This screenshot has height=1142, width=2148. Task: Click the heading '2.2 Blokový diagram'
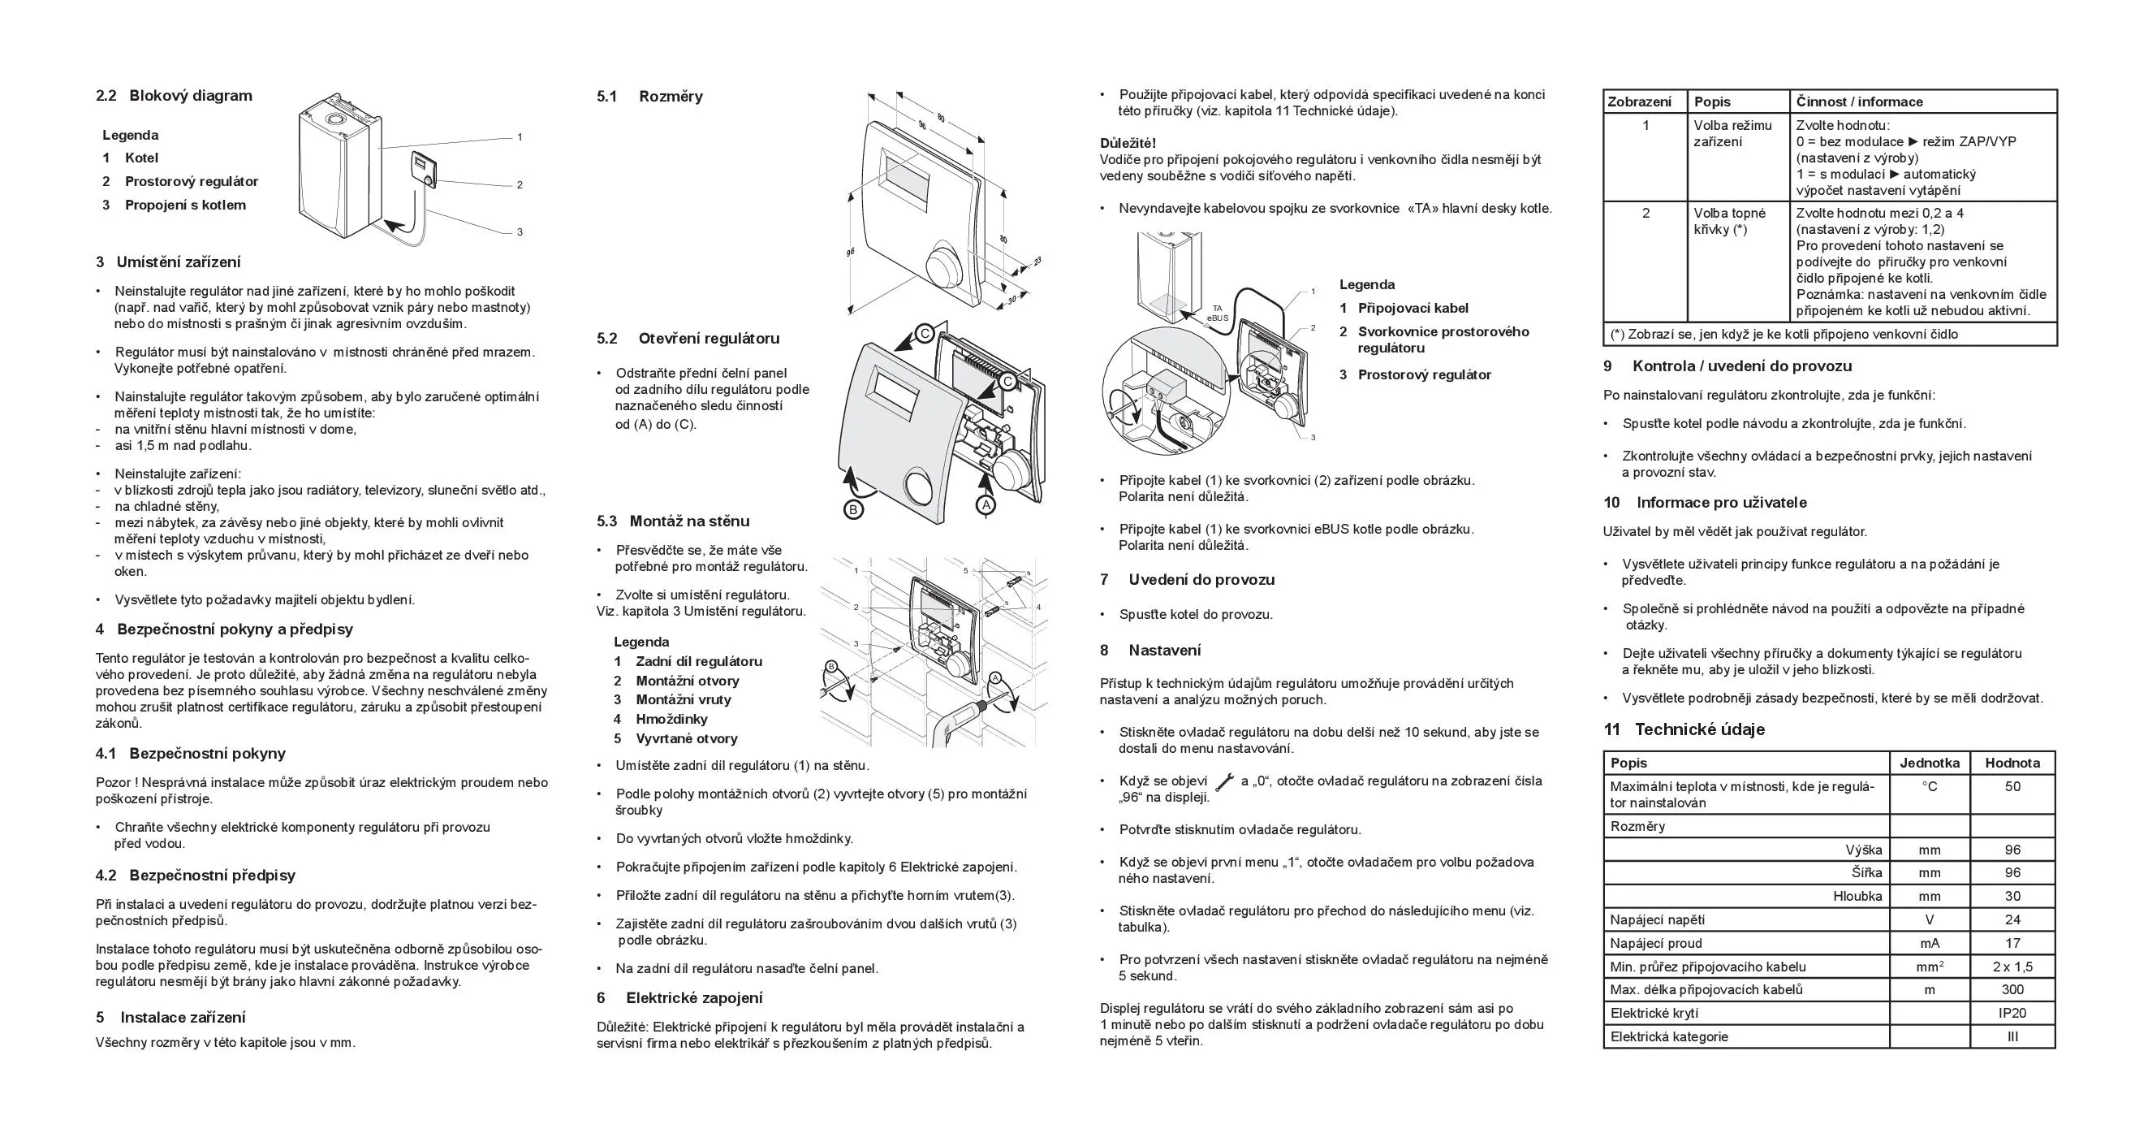click(174, 96)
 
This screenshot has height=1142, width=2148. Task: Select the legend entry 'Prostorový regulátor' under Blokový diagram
click(191, 182)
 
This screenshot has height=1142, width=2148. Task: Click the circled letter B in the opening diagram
click(852, 508)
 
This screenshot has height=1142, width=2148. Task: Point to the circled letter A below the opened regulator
click(986, 505)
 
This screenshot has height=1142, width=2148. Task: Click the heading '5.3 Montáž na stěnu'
click(673, 521)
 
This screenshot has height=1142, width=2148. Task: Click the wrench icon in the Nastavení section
click(1224, 782)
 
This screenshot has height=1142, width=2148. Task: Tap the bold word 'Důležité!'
click(1128, 143)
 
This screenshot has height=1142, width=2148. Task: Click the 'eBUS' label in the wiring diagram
click(1218, 318)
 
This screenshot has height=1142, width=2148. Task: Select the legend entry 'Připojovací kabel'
click(1413, 309)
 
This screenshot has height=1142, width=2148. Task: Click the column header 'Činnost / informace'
click(1860, 102)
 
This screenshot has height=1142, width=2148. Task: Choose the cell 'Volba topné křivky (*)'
click(1729, 221)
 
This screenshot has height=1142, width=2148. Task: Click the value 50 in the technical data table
click(2012, 786)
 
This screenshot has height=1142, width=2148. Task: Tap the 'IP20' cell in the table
click(2012, 1014)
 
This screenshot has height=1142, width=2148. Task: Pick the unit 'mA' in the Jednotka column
click(1930, 944)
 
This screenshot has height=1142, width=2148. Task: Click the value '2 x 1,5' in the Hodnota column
click(2012, 967)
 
